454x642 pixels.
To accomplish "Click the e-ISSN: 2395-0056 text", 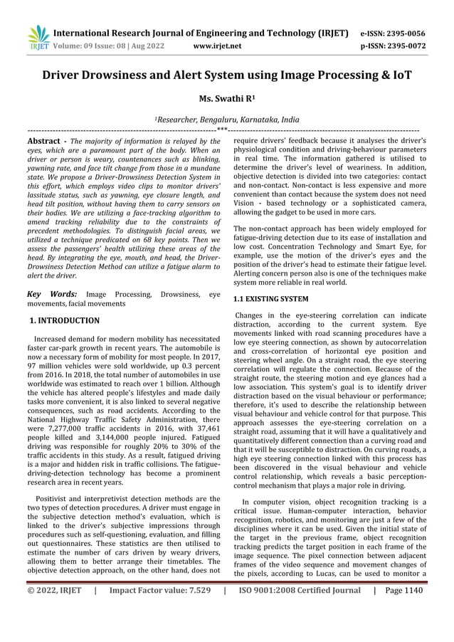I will [393, 33].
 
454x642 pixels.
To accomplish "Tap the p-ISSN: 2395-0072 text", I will [393, 47].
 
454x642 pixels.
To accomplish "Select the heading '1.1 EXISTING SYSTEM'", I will [271, 300].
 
